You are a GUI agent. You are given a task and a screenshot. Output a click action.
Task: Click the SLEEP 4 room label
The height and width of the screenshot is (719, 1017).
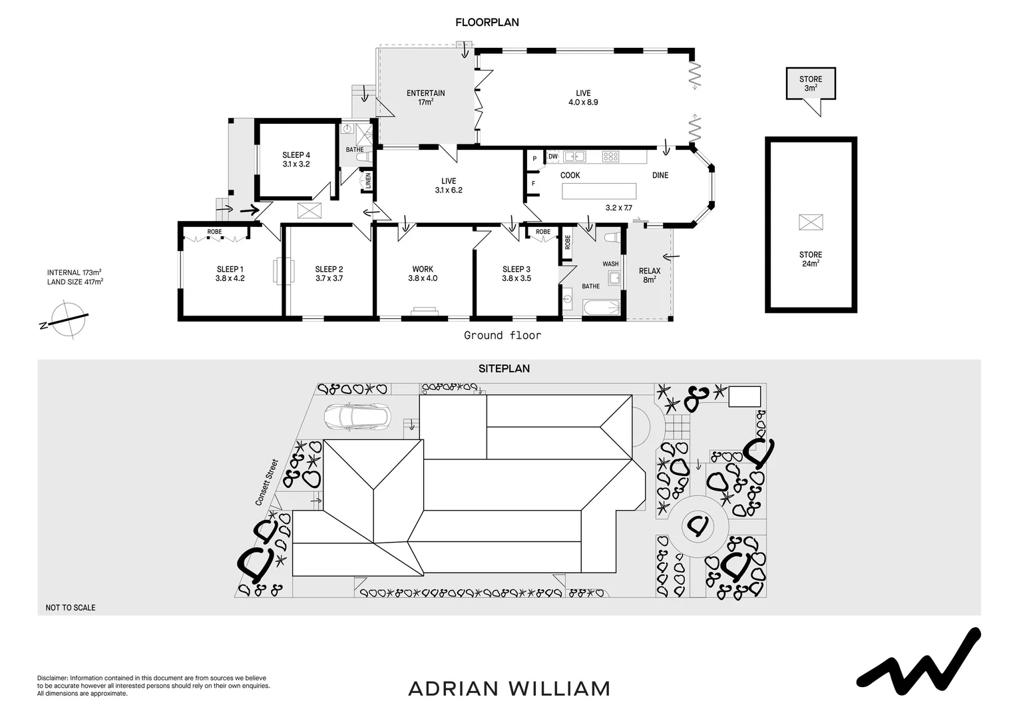296,159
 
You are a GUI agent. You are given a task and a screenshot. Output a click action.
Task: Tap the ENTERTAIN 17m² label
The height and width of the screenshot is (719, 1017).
426,97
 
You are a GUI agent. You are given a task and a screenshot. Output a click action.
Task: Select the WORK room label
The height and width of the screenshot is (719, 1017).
423,274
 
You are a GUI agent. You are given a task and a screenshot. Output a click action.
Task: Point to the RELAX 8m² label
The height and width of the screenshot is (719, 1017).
650,275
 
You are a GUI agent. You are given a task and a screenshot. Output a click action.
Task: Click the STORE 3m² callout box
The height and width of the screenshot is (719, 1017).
810,84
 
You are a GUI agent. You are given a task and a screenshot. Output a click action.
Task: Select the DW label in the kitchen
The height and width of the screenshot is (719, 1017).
553,156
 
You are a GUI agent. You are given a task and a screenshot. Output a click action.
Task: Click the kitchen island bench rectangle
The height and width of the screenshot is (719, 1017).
599,191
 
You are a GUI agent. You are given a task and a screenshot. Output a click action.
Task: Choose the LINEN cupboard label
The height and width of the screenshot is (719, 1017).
367,180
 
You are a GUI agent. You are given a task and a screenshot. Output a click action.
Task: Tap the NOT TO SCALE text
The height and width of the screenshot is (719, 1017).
71,607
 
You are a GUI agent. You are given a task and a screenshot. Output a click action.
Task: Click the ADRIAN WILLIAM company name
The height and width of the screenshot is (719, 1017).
509,688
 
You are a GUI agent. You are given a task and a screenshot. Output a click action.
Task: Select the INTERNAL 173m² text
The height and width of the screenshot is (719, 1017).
74,272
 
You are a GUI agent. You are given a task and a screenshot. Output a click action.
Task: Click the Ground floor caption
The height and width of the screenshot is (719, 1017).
503,336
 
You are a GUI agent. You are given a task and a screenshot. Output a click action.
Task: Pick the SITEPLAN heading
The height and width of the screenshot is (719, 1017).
504,368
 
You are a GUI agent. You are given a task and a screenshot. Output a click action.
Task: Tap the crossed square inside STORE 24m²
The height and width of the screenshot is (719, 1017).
811,222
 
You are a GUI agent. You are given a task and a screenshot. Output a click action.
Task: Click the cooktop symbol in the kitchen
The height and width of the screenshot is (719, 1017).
611,156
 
